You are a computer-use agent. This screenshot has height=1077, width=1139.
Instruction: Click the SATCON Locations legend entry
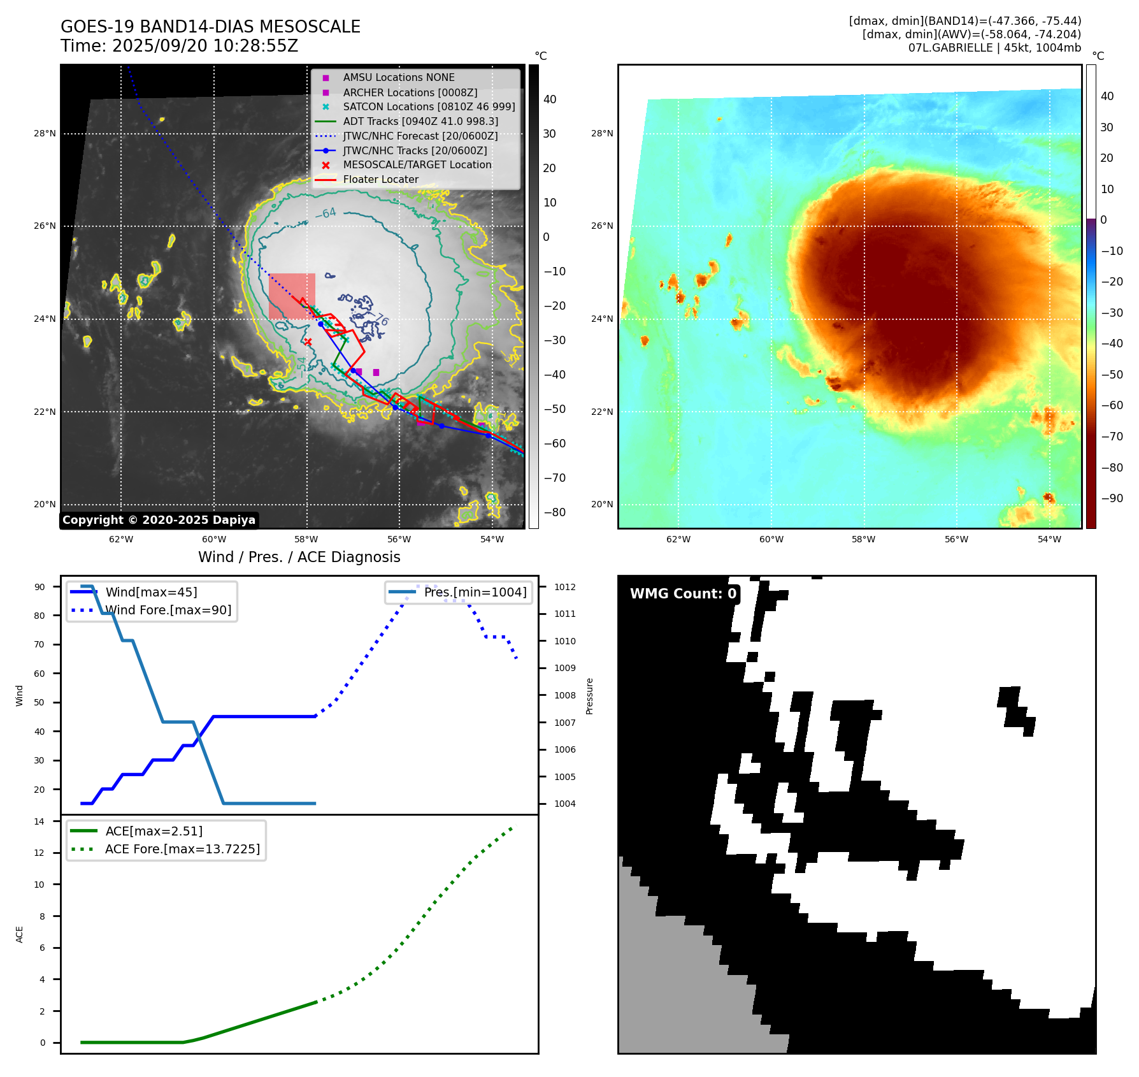[x=429, y=107]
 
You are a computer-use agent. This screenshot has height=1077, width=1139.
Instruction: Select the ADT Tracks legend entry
[x=420, y=122]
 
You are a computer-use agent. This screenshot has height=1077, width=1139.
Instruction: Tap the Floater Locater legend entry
[x=380, y=180]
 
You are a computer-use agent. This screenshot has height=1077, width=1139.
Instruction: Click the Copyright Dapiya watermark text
[x=159, y=520]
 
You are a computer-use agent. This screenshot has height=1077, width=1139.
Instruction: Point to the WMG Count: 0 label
[x=683, y=594]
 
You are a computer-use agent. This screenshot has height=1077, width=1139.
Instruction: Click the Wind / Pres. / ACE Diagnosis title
[x=299, y=557]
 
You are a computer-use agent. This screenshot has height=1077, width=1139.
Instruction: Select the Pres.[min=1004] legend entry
[x=475, y=593]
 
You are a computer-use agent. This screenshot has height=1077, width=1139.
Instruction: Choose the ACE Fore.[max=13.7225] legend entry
[x=182, y=849]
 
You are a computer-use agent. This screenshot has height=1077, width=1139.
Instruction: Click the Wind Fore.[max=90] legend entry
[x=168, y=611]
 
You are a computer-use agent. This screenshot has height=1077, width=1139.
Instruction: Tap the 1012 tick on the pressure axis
[x=564, y=587]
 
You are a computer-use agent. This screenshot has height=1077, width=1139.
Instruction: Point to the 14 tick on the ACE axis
[x=39, y=821]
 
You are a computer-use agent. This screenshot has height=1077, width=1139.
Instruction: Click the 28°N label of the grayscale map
[x=45, y=134]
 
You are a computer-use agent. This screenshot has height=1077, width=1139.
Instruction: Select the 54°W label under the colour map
[x=1049, y=539]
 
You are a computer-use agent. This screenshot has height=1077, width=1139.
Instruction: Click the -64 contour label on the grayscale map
[x=326, y=213]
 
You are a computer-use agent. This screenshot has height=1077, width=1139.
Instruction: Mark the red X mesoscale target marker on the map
[x=308, y=342]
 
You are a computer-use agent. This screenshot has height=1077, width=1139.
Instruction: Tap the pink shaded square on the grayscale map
[x=292, y=296]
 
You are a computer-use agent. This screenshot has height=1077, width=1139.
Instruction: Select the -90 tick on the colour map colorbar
[x=1112, y=498]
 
